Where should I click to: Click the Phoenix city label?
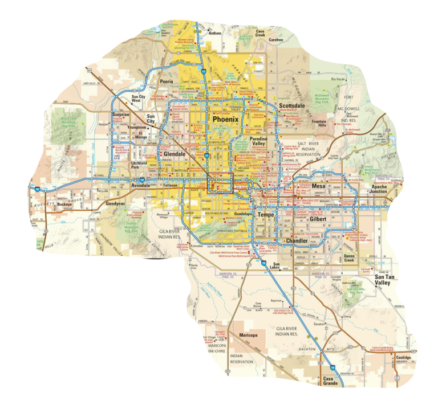click(225, 120)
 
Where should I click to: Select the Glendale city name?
click(174, 154)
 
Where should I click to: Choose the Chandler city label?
click(297, 241)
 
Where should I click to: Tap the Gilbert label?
click(318, 219)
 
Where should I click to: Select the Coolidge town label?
click(403, 358)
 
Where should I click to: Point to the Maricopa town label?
click(249, 335)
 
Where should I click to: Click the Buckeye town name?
click(64, 204)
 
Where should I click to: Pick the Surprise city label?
click(121, 114)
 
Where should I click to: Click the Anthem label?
click(215, 33)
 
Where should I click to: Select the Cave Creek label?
click(260, 33)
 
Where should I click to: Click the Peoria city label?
click(166, 81)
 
